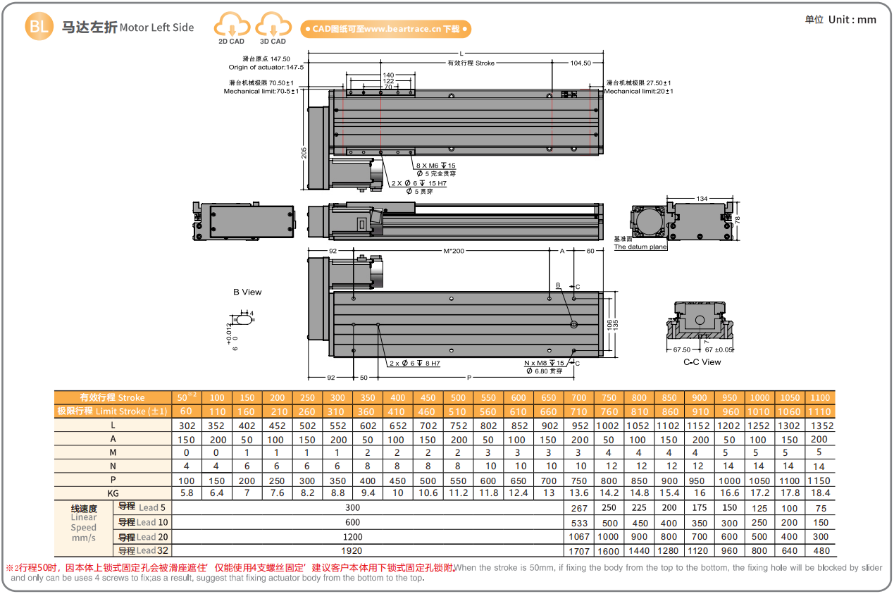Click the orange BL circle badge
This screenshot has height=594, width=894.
point(39,26)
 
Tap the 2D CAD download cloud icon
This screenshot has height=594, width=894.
point(232,25)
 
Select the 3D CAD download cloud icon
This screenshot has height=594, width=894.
point(273,25)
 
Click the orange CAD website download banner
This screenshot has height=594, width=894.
point(385,29)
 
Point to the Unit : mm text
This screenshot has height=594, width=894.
point(852,20)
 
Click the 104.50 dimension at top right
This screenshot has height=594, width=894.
point(581,63)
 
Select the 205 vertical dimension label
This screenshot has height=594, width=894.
point(304,153)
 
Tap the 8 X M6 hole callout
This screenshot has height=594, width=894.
point(436,166)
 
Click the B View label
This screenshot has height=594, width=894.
point(247,292)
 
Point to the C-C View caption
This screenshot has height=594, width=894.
point(702,362)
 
